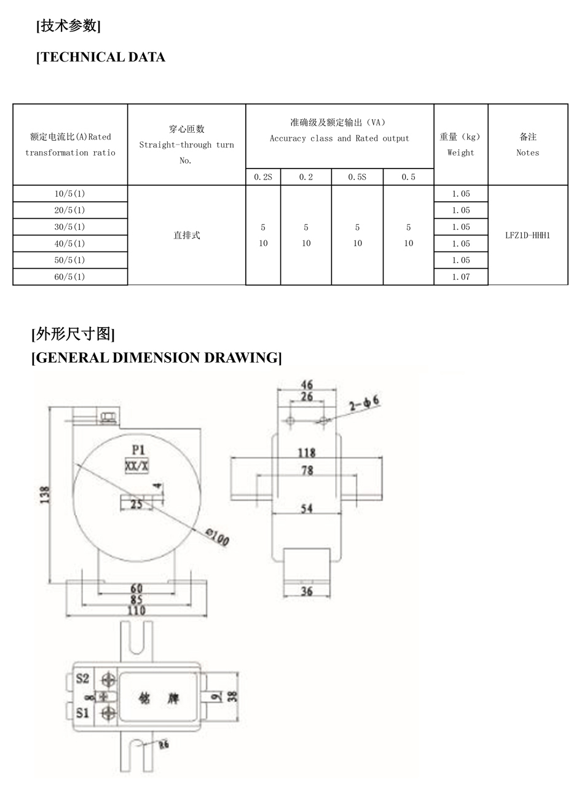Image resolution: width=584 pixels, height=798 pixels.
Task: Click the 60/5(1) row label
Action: click(69, 277)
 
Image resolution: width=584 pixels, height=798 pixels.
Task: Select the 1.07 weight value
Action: click(460, 277)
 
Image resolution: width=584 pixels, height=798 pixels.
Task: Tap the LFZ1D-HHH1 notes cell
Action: click(527, 235)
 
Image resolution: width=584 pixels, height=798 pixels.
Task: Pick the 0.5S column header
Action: click(357, 177)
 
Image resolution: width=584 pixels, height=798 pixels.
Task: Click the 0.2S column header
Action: click(263, 177)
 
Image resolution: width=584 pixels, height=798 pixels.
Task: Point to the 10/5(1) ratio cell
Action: click(69, 194)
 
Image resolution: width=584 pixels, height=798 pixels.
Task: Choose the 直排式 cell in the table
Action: click(186, 235)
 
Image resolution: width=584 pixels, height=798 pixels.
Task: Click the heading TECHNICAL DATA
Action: click(101, 57)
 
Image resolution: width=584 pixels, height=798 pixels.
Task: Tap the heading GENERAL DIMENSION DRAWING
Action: click(157, 358)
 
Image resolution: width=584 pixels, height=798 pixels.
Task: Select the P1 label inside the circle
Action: click(138, 449)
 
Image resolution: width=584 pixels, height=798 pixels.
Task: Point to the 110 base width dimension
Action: click(136, 610)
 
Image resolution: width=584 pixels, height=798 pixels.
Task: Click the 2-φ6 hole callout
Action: click(364, 403)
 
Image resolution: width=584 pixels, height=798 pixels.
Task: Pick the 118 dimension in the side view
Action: click(306, 452)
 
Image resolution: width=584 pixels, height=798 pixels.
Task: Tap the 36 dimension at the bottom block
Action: click(307, 591)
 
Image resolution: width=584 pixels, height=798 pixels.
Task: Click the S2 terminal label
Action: click(83, 679)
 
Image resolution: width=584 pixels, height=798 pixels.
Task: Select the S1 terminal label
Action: click(83, 713)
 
